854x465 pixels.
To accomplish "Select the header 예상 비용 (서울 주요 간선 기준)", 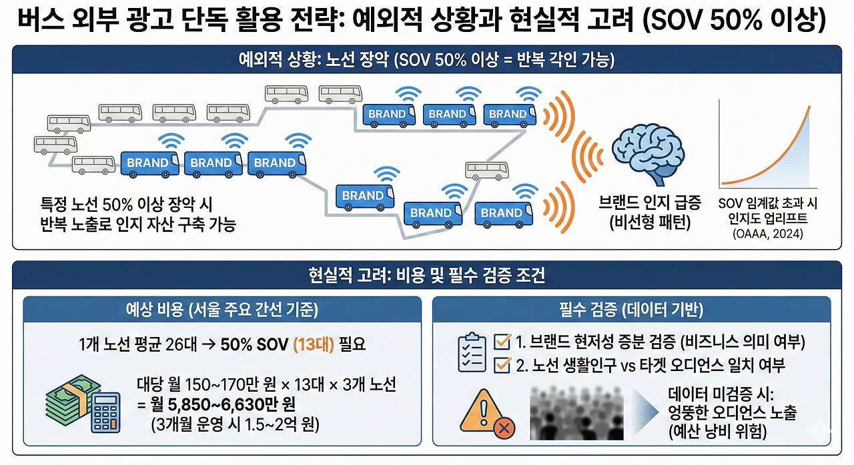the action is point(223,309).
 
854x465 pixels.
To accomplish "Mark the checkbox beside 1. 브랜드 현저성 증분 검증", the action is point(502,342).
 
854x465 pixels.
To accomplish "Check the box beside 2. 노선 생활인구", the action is point(502,365).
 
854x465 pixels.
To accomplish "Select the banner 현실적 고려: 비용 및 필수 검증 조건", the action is point(427,275).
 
